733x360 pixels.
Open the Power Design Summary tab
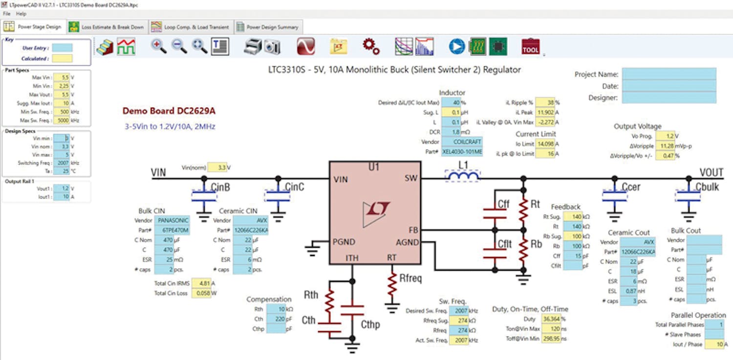[x=267, y=27]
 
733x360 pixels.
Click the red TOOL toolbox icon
[x=530, y=47]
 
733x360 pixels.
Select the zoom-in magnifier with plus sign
[x=158, y=46]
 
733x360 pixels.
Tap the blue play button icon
[x=457, y=46]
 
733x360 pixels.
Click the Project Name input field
[x=669, y=74]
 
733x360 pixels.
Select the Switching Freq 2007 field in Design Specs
[x=61, y=163]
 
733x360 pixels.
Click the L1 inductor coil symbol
[x=462, y=176]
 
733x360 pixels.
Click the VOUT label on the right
[x=711, y=172]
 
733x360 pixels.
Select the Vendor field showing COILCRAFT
[x=461, y=142]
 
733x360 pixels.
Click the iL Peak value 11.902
[x=545, y=112]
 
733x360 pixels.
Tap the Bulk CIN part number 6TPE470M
[x=172, y=230]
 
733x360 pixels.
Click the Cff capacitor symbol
[x=495, y=213]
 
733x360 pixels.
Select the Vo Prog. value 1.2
[x=665, y=136]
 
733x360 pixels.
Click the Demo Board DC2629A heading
[x=169, y=111]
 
